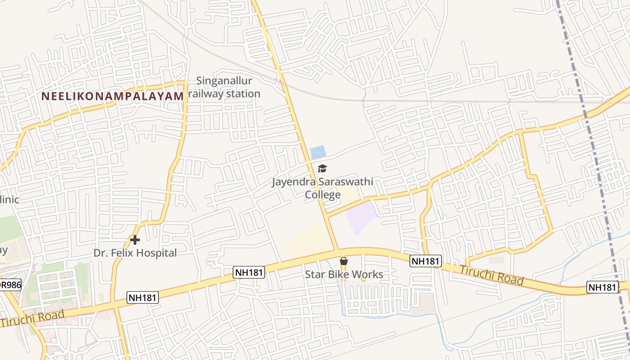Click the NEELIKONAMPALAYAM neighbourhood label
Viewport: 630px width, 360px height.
(112, 96)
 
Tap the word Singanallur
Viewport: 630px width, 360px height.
(224, 81)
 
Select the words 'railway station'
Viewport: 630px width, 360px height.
(224, 94)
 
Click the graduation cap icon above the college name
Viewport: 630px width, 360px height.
(322, 169)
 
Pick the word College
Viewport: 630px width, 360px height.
(323, 195)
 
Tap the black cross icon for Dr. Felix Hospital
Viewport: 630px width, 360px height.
(135, 240)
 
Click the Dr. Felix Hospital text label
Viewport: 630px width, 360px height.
(135, 253)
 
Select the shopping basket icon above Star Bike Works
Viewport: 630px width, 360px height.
(344, 261)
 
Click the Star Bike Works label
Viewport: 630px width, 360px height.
(344, 274)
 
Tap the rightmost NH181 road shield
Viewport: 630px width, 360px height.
(602, 287)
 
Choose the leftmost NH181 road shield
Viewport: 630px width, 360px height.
(143, 297)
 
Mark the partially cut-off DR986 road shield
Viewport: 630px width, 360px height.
(10, 285)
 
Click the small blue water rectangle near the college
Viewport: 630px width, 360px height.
(318, 151)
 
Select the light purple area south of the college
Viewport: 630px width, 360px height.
(361, 217)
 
